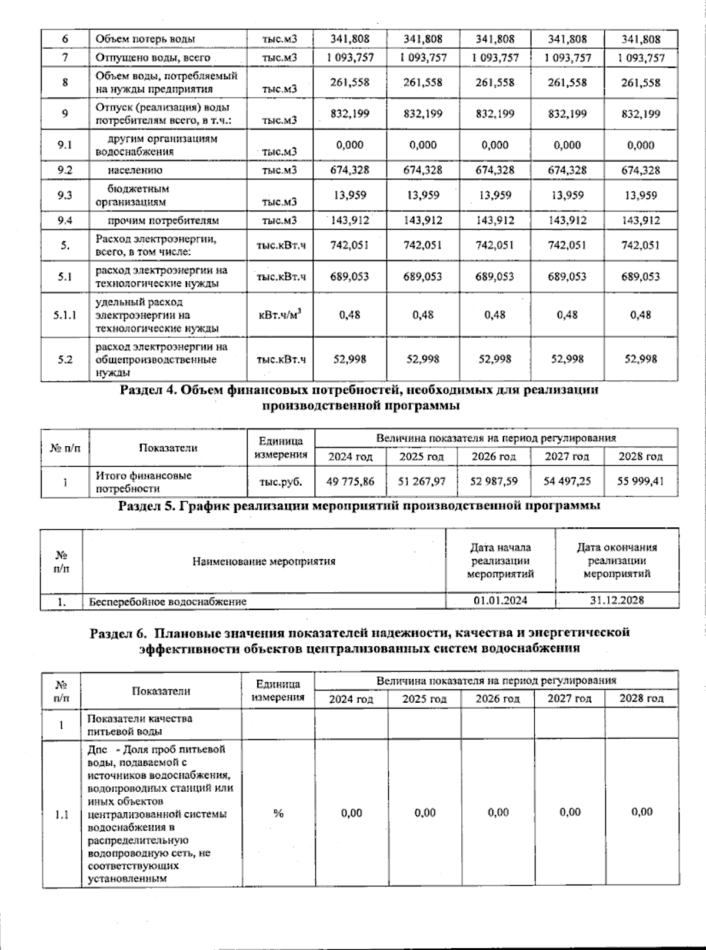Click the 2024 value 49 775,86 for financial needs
pos(351,481)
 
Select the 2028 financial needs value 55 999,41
pos(641,481)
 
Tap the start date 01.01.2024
pos(500,600)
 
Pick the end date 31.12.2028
pos(617,600)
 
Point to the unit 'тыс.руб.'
pos(281,481)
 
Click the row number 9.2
pos(65,170)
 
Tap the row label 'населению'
pos(135,170)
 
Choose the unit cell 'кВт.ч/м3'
pos(280,315)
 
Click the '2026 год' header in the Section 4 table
pos(494,457)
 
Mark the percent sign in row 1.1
pos(278,813)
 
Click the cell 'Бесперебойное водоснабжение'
pos(168,602)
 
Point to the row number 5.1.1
pos(65,315)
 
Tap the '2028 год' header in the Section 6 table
pos(641,699)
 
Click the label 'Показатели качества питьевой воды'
pos(139,725)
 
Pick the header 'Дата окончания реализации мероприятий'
pos(617,560)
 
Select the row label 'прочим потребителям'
pos(163,221)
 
